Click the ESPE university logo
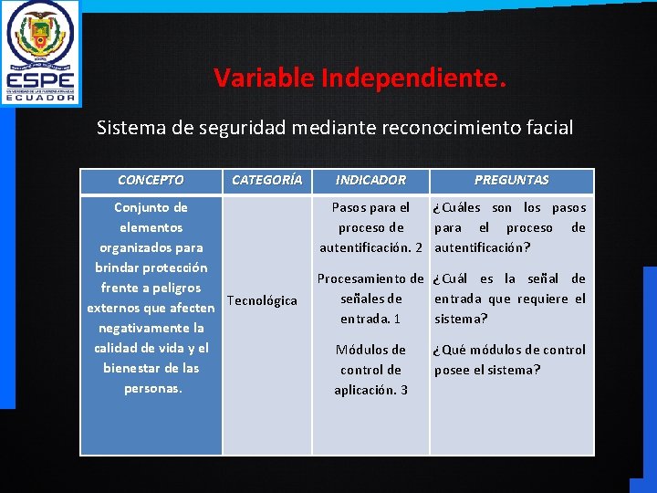pos(40,52)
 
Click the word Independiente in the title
pos(412,79)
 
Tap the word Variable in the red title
pos(264,79)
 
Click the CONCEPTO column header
pos(151,181)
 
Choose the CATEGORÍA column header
pos(266,181)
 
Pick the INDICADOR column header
pos(370,181)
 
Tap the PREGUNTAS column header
pos(511,181)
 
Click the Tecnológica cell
pos(262,300)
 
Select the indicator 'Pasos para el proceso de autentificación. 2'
pos(370,227)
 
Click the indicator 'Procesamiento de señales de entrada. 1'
pos(370,299)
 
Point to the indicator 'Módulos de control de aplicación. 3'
pos(370,370)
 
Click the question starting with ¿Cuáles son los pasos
pos(510,227)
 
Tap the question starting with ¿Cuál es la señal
pos(510,299)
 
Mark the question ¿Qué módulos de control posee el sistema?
pos(510,360)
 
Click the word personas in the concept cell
pos(152,388)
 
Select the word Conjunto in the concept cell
pos(151,207)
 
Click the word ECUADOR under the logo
pos(41,97)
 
